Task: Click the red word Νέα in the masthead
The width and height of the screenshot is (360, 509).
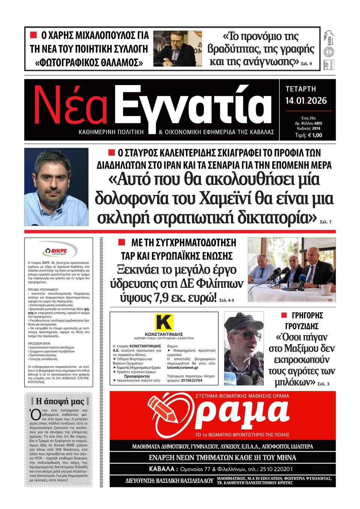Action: [70, 106]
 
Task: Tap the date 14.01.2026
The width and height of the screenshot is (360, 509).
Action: [306, 101]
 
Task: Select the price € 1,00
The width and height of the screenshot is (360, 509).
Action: [314, 135]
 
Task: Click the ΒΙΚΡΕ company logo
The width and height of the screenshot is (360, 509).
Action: [59, 251]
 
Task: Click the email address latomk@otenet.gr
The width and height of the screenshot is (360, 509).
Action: [183, 368]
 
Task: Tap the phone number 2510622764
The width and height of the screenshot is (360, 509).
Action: [191, 380]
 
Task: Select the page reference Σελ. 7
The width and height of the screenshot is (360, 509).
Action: [325, 222]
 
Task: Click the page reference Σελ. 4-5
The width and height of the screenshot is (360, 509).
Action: [226, 300]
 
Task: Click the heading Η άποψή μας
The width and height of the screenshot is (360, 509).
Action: [60, 401]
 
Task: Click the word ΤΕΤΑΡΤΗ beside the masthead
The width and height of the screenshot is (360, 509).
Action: [301, 89]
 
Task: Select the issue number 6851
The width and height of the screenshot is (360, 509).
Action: [318, 123]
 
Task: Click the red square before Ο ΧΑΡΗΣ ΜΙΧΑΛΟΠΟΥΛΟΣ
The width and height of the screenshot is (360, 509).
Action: [33, 35]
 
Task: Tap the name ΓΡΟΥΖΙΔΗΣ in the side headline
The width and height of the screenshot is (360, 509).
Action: [302, 326]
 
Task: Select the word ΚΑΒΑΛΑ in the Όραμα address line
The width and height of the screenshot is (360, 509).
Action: [162, 469]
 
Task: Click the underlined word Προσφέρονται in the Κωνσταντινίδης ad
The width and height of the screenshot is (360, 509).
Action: [137, 376]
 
